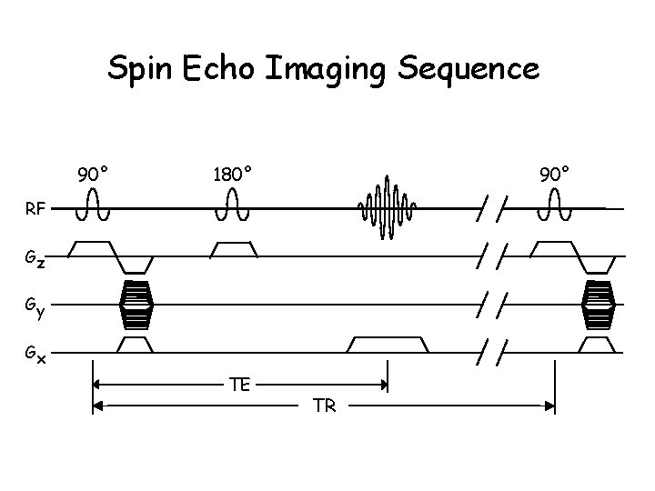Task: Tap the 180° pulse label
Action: [x=233, y=173]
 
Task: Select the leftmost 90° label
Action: [x=94, y=173]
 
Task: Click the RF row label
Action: [x=35, y=210]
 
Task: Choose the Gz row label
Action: [x=35, y=261]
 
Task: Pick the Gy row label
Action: [x=35, y=309]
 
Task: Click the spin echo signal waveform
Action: [x=388, y=207]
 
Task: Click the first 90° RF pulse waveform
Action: [x=93, y=207]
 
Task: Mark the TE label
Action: [x=240, y=386]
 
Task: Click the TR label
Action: [x=324, y=406]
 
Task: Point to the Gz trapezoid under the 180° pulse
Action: [x=233, y=248]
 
